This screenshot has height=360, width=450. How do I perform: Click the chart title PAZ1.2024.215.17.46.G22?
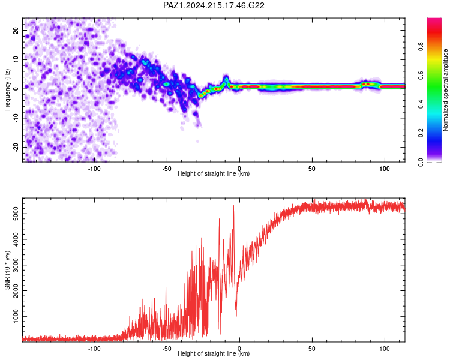point(214,5)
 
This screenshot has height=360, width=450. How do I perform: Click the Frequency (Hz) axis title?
point(7,90)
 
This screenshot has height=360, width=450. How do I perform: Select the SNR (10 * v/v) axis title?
point(7,270)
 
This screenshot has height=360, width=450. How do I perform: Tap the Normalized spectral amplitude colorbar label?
point(445,90)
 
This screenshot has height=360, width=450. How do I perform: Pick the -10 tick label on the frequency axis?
point(16,118)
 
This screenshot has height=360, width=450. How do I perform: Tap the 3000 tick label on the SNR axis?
point(16,265)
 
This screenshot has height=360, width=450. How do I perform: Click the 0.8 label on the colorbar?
point(421,46)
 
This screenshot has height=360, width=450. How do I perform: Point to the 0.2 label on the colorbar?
point(421,133)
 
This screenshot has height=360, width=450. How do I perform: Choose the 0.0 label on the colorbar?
point(421,162)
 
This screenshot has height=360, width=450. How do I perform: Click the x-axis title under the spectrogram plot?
point(214,173)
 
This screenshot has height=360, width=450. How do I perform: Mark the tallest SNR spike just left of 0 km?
point(233,206)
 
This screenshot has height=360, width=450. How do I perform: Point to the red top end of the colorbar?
point(434,19)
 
